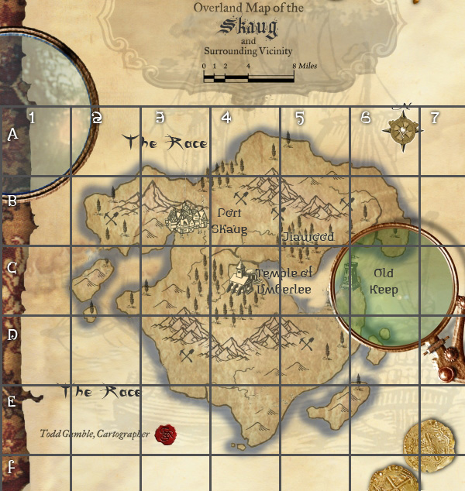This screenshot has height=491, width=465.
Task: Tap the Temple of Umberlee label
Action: point(284,280)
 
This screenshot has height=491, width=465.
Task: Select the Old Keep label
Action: point(384,282)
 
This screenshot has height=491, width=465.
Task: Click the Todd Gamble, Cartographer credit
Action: point(94,434)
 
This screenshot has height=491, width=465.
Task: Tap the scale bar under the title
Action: point(248,78)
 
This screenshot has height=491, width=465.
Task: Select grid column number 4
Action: point(226,118)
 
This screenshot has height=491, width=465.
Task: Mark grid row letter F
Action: point(12,467)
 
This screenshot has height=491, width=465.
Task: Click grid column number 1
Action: point(32,118)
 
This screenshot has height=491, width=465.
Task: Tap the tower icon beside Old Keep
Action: point(351,278)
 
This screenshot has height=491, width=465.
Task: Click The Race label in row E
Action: point(102,392)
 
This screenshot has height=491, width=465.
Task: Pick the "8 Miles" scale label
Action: point(305,67)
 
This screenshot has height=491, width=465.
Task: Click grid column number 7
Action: point(435,118)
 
